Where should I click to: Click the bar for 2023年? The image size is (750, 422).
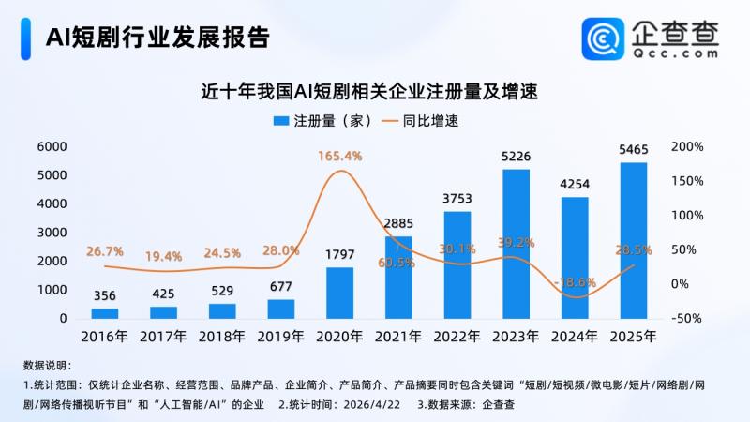pyautogui.click(x=516, y=244)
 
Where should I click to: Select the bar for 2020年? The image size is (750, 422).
pyautogui.click(x=340, y=293)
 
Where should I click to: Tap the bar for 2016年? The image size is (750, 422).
pyautogui.click(x=105, y=313)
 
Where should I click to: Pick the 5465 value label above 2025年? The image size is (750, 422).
pyautogui.click(x=633, y=150)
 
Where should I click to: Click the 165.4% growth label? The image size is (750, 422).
pyautogui.click(x=340, y=155)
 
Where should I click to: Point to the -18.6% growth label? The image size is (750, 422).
pyautogui.click(x=574, y=281)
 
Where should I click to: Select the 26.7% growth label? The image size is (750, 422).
pyautogui.click(x=105, y=251)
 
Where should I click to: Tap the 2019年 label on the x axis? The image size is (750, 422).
pyautogui.click(x=281, y=336)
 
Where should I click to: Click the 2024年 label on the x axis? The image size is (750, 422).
pyautogui.click(x=574, y=336)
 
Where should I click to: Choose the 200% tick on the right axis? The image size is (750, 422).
pyautogui.click(x=686, y=147)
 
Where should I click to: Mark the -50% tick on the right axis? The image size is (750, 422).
pyautogui.click(x=686, y=319)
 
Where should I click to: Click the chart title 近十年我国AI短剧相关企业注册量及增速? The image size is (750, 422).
pyautogui.click(x=374, y=92)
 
